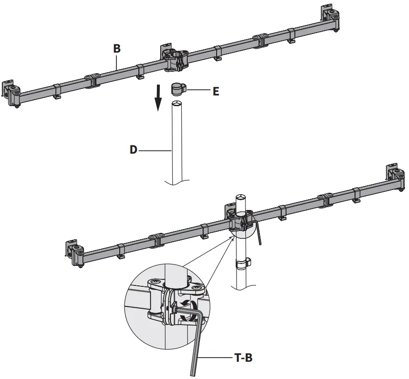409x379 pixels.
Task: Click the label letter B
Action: tap(117, 48)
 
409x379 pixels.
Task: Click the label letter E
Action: tap(216, 91)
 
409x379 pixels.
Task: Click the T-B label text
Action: tap(243, 358)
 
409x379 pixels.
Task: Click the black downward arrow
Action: tap(158, 97)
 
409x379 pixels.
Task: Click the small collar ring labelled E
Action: tap(177, 88)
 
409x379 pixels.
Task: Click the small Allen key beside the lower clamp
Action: tap(259, 233)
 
